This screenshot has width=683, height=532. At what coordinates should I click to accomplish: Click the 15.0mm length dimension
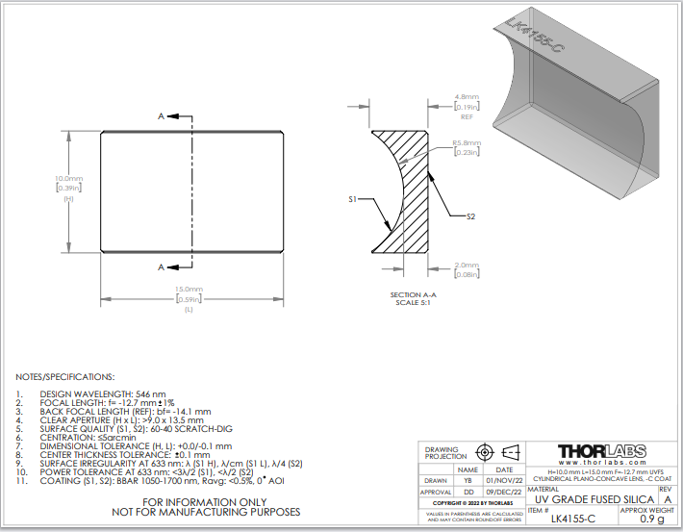[189, 290]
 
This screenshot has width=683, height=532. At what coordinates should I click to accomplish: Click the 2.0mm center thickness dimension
[467, 266]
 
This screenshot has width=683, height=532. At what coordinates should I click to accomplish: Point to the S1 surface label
[353, 199]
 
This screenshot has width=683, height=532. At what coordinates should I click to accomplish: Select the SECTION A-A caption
[414, 294]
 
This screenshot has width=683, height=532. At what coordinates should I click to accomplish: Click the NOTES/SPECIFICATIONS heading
[65, 376]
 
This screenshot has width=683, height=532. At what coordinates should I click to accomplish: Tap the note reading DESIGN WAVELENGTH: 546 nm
[102, 394]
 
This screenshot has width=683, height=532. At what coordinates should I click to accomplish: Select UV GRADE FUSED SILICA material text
[594, 499]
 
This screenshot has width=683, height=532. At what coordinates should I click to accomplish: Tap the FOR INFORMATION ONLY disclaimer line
[207, 502]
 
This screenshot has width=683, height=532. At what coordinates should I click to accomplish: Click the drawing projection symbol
[497, 452]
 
